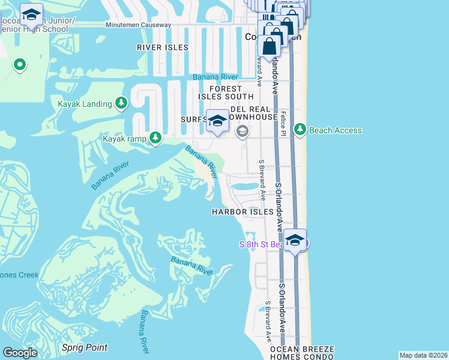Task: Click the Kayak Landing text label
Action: pyautogui.click(x=85, y=104)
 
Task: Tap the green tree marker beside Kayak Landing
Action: pyautogui.click(x=122, y=104)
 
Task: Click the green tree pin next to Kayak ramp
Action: pyautogui.click(x=156, y=139)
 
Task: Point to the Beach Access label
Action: pyautogui.click(x=336, y=130)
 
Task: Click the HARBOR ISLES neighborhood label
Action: pyautogui.click(x=243, y=212)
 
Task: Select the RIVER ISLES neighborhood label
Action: pyautogui.click(x=162, y=47)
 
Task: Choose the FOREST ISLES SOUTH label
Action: pyautogui.click(x=227, y=92)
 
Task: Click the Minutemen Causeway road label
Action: pyautogui.click(x=138, y=25)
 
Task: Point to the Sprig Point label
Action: pyautogui.click(x=85, y=347)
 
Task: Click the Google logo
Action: pyautogui.click(x=20, y=353)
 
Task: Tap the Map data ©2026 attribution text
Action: pyautogui.click(x=423, y=355)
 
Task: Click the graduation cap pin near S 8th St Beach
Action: pyautogui.click(x=295, y=240)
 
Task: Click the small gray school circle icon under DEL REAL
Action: pyautogui.click(x=243, y=131)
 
